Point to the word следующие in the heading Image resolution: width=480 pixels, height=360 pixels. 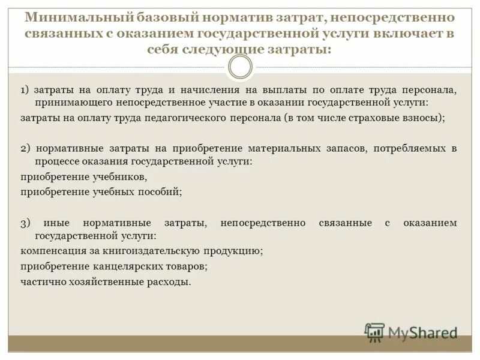pos(220,49)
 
